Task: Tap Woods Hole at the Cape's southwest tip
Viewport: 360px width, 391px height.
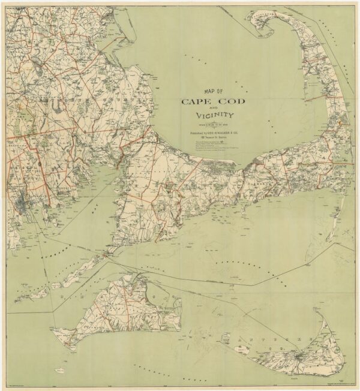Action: click(x=106, y=255)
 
